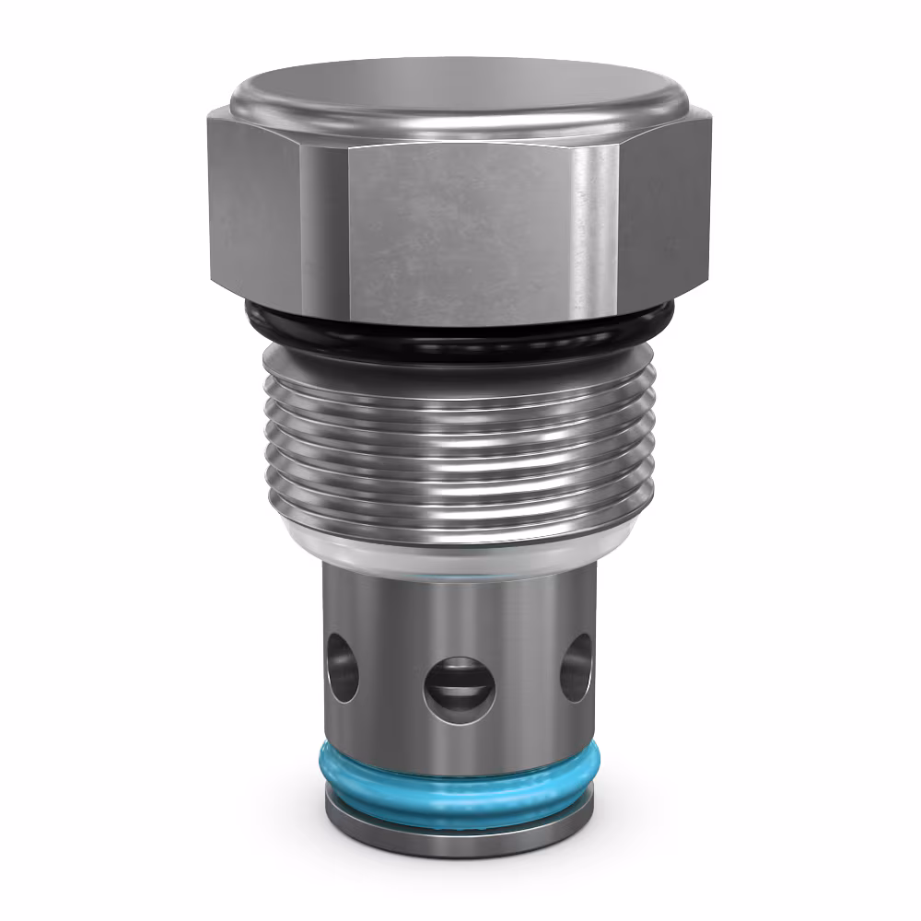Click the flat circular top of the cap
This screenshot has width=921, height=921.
(460, 88)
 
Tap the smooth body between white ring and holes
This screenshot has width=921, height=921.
(460, 608)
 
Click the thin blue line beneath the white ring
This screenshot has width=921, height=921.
(460, 572)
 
